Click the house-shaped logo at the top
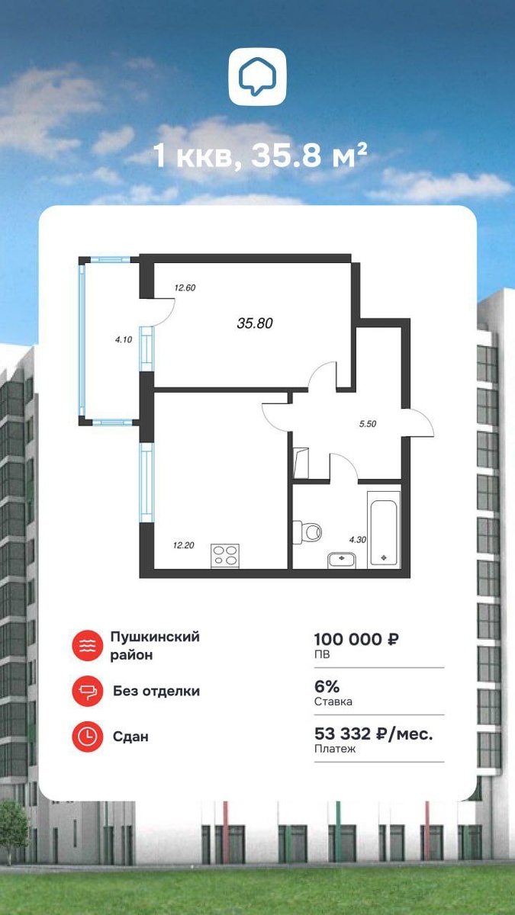click(257, 77)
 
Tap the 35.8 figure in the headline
click(286, 156)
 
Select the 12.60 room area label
click(185, 287)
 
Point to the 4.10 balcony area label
click(124, 339)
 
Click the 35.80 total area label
click(255, 323)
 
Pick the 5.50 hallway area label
click(368, 424)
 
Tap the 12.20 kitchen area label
click(184, 545)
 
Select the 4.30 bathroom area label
click(358, 540)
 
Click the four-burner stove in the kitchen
click(225, 556)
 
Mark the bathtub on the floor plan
click(383, 529)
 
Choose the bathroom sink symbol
click(341, 560)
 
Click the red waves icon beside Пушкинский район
click(87, 645)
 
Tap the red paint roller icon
click(87, 691)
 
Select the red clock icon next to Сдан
click(87, 737)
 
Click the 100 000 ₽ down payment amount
click(356, 639)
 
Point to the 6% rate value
click(327, 687)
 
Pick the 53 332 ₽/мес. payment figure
click(373, 734)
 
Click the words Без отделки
click(156, 691)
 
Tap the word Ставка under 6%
click(333, 701)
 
